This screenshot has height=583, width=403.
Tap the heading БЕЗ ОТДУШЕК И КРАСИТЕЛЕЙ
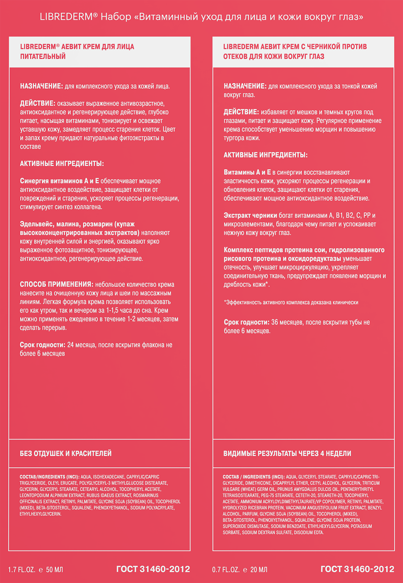click(65, 453)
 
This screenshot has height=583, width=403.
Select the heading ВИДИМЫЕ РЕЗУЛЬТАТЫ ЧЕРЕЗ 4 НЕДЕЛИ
click(287, 453)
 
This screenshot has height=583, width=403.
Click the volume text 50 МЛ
click(55, 570)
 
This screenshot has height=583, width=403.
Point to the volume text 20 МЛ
click(258, 570)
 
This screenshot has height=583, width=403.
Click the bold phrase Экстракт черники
click(250, 215)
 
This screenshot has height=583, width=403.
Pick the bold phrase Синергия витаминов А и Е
click(59, 181)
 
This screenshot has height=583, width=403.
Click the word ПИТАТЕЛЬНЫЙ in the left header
click(43, 56)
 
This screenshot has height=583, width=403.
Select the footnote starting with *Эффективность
click(291, 302)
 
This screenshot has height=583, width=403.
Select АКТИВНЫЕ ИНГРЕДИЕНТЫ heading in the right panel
click(265, 155)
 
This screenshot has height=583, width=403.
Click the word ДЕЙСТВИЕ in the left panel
click(37, 103)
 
